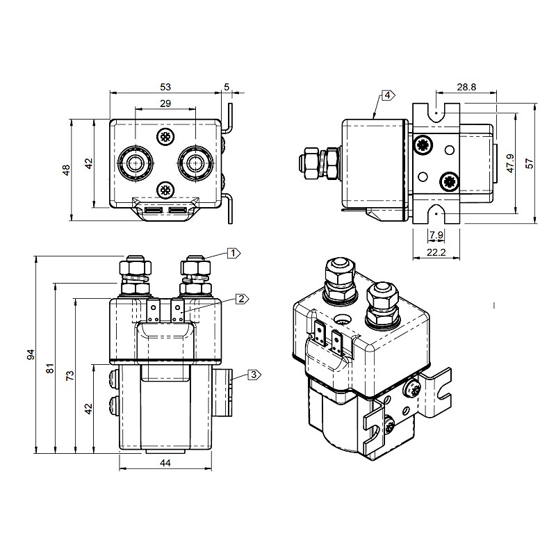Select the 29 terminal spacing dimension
[165, 104]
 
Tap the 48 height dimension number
[66, 170]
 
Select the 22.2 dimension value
[436, 252]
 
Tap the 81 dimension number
[50, 368]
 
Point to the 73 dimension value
[69, 376]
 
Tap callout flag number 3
[254, 375]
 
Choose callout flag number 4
[387, 95]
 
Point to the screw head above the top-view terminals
[165, 136]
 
